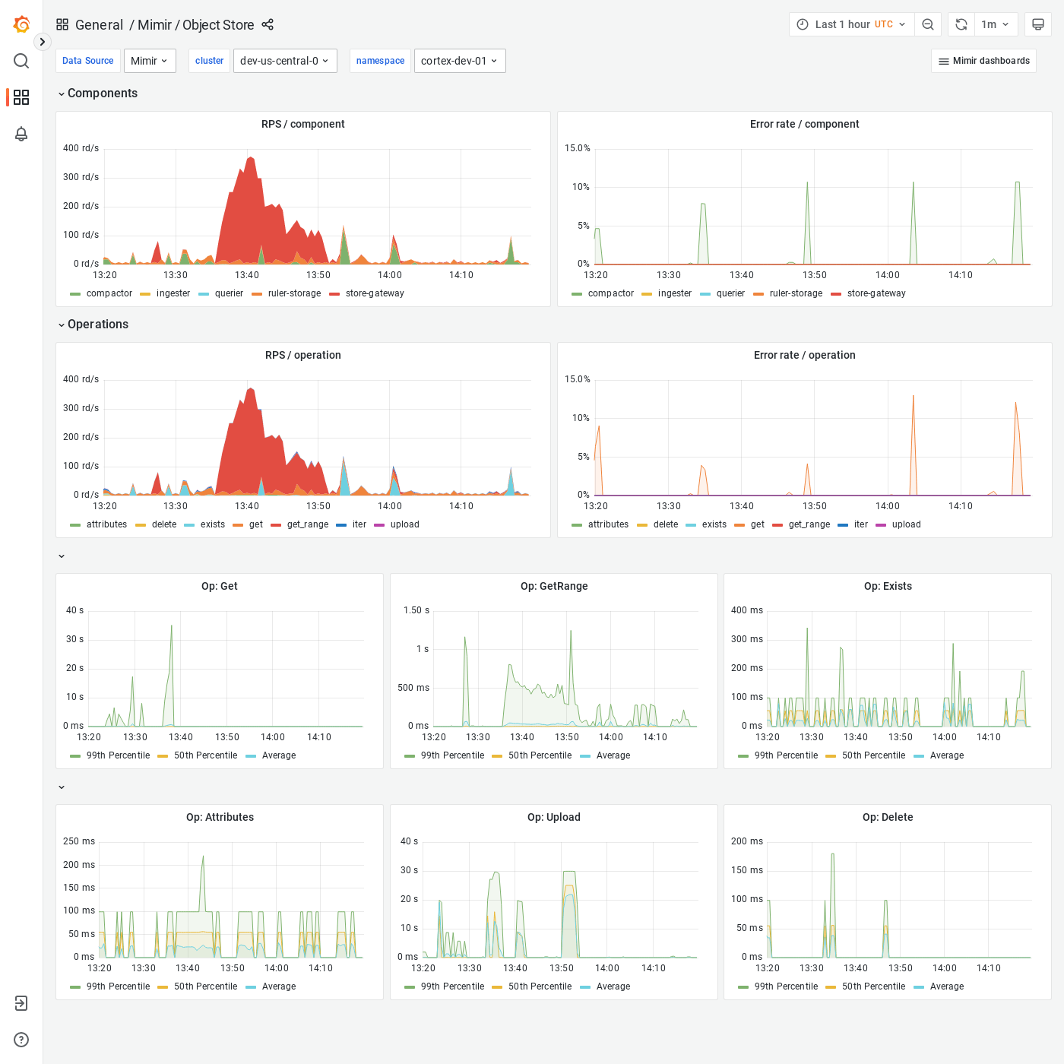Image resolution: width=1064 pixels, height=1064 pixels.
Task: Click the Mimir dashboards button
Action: click(x=983, y=61)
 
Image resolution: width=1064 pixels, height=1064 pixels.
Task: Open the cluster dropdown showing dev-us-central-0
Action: click(x=285, y=61)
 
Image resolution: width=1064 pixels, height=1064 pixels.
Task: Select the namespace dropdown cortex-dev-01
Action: click(x=459, y=61)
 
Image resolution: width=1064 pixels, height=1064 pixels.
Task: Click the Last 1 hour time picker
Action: click(x=851, y=24)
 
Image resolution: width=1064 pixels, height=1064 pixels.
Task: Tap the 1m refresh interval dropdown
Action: click(x=994, y=24)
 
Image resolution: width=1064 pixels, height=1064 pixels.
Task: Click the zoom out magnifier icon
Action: click(x=928, y=24)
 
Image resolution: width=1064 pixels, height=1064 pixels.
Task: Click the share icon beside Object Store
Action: click(x=268, y=24)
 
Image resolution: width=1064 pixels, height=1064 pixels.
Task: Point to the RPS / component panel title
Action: click(x=302, y=124)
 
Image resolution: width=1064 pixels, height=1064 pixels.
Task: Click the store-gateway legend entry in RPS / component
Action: click(x=374, y=293)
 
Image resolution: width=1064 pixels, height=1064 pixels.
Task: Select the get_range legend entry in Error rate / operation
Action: click(x=809, y=524)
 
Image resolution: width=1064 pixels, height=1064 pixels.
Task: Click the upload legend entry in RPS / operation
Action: click(x=404, y=524)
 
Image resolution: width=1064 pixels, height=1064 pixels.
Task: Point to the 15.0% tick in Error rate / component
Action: click(x=577, y=148)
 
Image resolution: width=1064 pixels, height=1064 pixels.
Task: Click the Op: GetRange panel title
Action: click(x=553, y=586)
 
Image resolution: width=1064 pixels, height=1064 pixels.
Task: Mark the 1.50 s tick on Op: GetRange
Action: click(x=416, y=610)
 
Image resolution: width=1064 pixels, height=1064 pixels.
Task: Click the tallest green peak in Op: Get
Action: click(x=172, y=626)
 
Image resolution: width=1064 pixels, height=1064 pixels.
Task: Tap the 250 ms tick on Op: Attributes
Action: click(x=79, y=841)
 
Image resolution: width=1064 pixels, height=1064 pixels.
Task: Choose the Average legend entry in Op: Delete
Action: click(x=946, y=986)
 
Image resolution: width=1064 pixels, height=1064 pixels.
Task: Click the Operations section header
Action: click(x=97, y=325)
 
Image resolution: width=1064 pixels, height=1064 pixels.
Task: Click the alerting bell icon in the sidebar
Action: click(x=21, y=134)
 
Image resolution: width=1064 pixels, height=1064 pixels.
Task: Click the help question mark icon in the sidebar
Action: click(x=21, y=1040)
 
